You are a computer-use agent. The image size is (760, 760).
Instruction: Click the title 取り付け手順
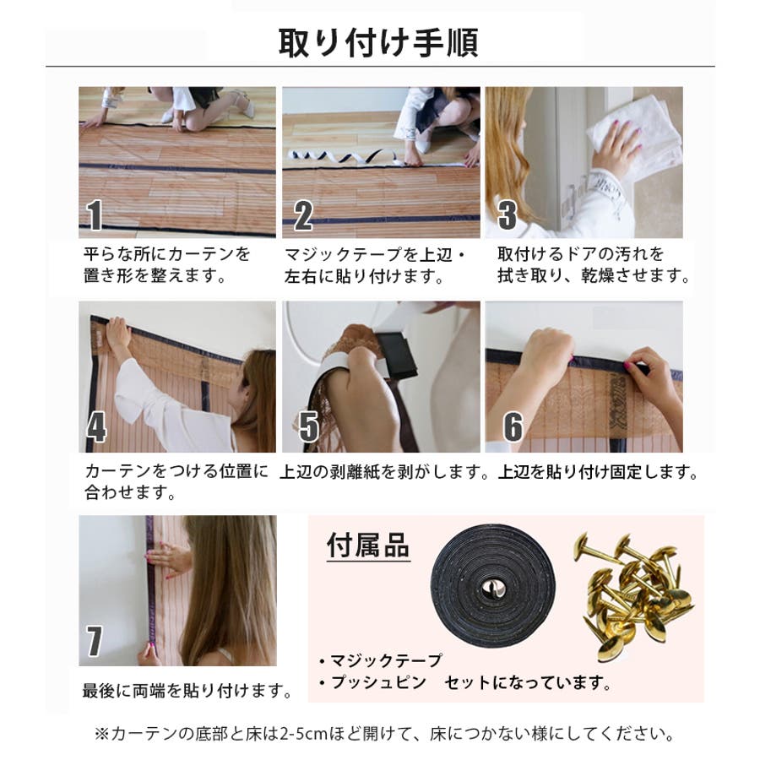coord(378,43)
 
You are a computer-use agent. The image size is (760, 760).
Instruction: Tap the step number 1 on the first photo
coord(95,215)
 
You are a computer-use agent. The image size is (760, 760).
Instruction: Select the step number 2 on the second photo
coord(303,215)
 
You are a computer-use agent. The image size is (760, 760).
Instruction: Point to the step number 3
coord(507,215)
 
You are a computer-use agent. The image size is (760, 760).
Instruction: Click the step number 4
coord(96,427)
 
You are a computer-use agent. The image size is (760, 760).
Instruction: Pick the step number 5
coord(309,426)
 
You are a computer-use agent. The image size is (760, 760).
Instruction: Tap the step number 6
coord(513,426)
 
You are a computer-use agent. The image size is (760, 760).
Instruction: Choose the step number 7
coord(95,641)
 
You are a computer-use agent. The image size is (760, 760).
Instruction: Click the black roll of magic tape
coord(493,587)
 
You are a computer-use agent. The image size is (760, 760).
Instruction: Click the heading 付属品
coord(368,546)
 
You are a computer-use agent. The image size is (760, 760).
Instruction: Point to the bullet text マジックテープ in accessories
coord(386,660)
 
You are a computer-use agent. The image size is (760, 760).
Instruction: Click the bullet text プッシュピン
coord(378,682)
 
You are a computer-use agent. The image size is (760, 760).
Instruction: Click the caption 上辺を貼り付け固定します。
coord(598,471)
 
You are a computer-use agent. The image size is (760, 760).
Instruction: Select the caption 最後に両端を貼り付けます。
coord(187,690)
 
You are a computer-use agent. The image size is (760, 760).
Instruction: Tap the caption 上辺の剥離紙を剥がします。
coord(384,471)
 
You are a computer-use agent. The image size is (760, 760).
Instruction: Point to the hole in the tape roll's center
coord(493,588)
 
